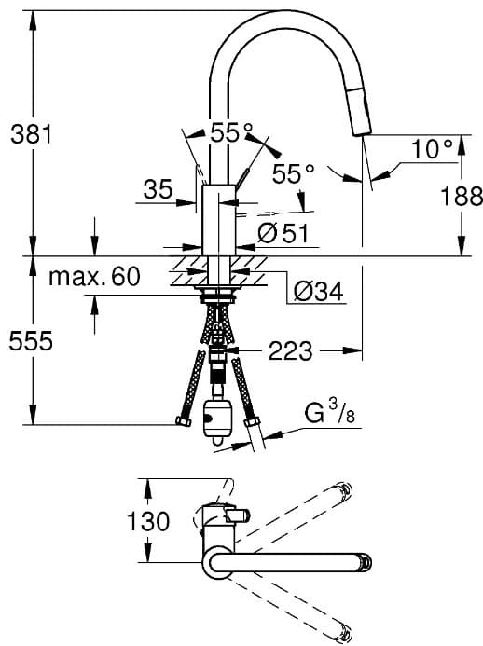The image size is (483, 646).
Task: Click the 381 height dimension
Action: [32, 134]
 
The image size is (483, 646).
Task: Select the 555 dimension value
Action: [31, 341]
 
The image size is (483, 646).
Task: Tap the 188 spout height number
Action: [462, 196]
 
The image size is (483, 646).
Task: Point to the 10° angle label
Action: [432, 149]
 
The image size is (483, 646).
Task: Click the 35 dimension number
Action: [158, 189]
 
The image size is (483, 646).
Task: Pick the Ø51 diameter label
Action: [283, 233]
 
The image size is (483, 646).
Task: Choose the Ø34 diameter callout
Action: [318, 291]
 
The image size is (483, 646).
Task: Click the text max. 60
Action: [94, 277]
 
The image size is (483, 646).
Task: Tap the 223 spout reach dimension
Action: [290, 351]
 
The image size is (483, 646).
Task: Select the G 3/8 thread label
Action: [329, 412]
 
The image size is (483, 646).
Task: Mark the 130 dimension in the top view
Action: [148, 521]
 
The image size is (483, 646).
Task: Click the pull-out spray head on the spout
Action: [360, 111]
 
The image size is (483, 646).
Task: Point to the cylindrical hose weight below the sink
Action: [216, 419]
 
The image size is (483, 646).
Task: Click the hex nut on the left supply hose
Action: [184, 421]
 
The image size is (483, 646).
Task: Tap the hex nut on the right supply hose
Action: [252, 422]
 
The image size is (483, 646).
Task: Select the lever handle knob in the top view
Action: [237, 515]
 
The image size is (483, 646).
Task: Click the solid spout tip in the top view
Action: [366, 562]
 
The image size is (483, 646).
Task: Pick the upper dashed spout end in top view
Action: [344, 488]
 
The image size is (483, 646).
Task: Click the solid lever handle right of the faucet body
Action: [242, 176]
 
